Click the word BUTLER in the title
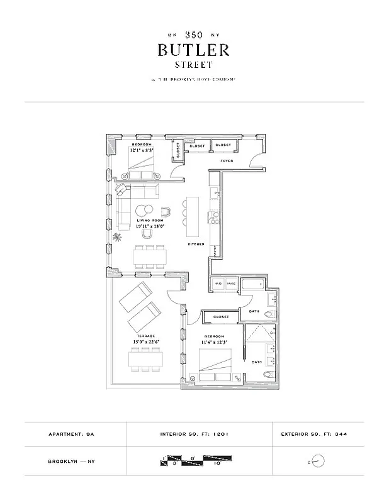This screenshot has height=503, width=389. [194, 50]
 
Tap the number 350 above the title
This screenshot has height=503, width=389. [194, 36]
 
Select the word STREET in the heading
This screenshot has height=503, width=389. [194, 64]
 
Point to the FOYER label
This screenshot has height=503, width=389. [227, 161]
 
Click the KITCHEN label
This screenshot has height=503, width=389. [195, 243]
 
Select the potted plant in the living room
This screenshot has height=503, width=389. [117, 237]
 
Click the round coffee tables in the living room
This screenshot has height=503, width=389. [144, 211]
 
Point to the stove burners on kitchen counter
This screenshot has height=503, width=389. [214, 218]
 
